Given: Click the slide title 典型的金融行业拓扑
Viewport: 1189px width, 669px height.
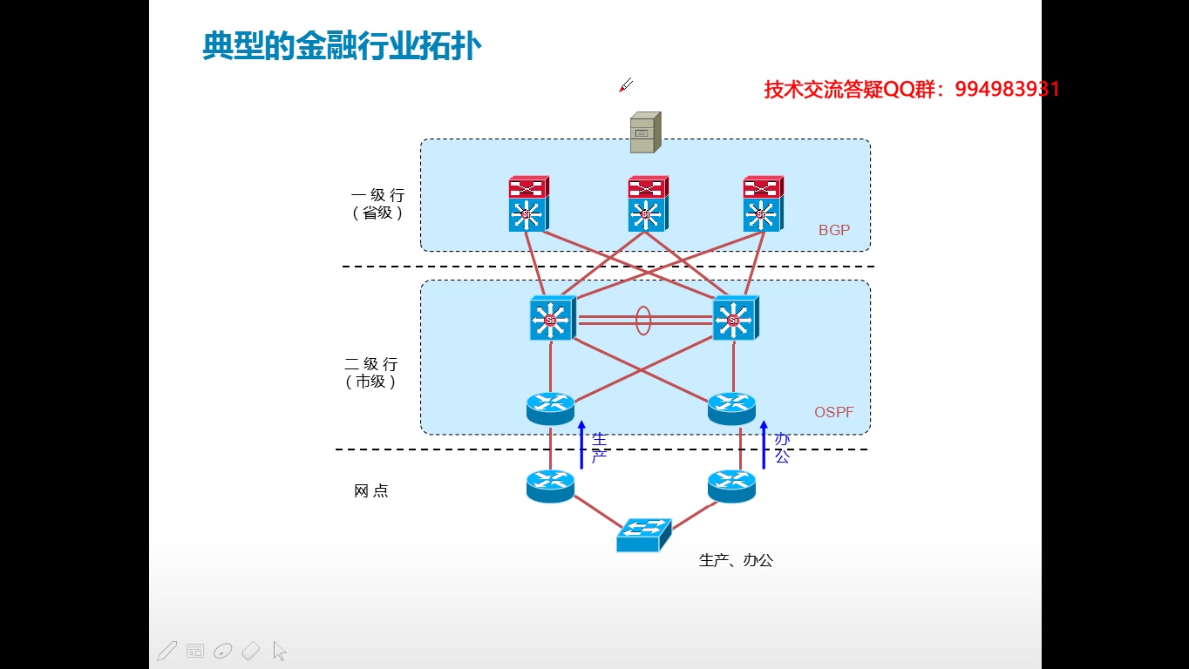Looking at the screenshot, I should pos(341,46).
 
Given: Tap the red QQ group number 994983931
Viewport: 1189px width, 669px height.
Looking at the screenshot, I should pos(1007,89).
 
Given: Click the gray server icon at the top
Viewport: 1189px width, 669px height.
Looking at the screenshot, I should pos(645,132).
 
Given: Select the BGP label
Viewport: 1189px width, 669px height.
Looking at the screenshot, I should pos(833,231).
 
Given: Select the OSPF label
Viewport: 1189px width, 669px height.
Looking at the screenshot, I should pos(833,412).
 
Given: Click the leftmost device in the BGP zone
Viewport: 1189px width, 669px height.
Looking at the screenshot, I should pos(528,204).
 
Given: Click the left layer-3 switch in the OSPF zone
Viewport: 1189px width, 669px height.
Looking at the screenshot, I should pos(552,319).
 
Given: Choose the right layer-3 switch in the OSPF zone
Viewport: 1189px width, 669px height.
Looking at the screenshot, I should pos(735,319).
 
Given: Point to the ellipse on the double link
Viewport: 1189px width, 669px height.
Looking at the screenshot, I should pos(643,320).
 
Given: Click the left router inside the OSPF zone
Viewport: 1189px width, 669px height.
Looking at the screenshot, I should pos(550,407).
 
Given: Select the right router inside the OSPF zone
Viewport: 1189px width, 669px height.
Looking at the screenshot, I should pos(732,407).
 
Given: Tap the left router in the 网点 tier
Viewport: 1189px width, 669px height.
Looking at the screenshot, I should pos(550,484).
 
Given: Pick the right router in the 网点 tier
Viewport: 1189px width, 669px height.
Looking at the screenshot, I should pos(731,484).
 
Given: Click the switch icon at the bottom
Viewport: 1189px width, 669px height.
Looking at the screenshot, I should pos(643,534).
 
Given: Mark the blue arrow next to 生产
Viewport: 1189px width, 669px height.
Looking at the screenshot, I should pos(581,444).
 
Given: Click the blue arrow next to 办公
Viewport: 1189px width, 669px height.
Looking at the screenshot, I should pos(764,444).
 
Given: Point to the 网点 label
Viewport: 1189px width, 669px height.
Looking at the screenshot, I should pos(371,491).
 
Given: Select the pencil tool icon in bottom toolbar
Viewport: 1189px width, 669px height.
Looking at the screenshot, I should pos(166,651).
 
